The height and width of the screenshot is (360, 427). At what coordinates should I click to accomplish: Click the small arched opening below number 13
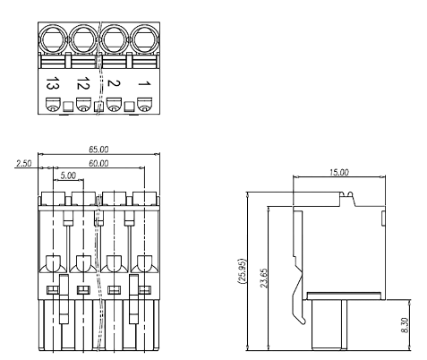[53, 107]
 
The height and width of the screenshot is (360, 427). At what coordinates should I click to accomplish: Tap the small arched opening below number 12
[83, 107]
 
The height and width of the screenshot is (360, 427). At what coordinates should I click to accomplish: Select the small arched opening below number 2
[114, 107]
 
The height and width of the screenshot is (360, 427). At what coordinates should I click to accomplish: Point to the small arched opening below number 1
[143, 107]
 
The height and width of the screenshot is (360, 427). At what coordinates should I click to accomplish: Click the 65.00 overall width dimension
[98, 150]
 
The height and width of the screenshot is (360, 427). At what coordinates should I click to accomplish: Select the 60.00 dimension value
[98, 164]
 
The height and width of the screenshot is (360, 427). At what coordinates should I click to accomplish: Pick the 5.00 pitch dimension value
[68, 177]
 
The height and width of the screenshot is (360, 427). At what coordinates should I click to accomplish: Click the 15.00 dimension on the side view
[339, 171]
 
